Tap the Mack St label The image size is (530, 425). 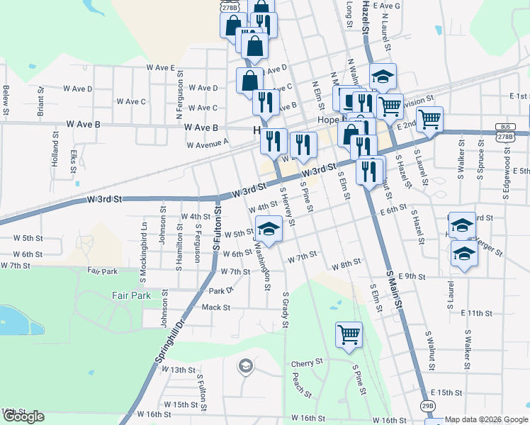click(216, 307)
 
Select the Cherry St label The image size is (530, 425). click(307, 363)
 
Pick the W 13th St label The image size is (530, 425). click(178, 370)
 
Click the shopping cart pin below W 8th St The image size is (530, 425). click(349, 334)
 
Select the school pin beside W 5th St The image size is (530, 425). click(269, 228)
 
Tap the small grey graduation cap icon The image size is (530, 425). click(245, 365)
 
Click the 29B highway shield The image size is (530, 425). click(427, 405)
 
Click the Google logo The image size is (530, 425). click(23, 417)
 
